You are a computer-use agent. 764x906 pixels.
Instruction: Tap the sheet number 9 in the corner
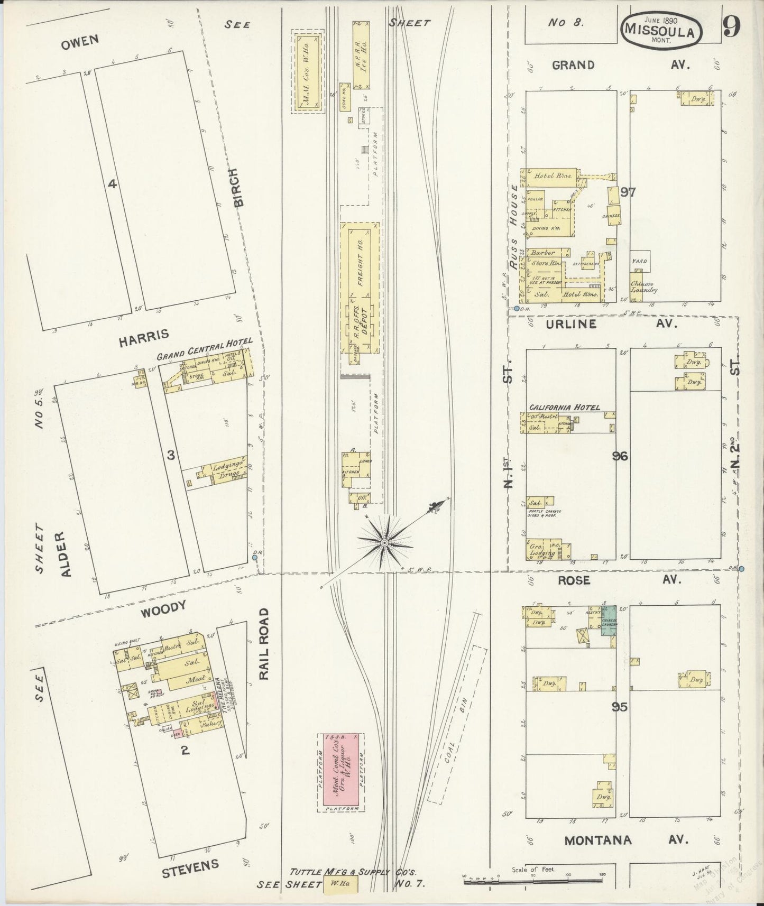pos(732,27)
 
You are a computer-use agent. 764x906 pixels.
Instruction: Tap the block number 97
pos(628,192)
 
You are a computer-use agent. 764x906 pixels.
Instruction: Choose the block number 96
pos(620,456)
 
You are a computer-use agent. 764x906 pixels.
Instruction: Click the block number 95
pos(619,706)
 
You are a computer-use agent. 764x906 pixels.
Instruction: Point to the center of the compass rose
pos(385,542)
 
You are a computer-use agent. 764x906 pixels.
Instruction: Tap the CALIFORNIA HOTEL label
pos(565,407)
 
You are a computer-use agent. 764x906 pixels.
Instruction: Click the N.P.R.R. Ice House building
pos(361,56)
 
